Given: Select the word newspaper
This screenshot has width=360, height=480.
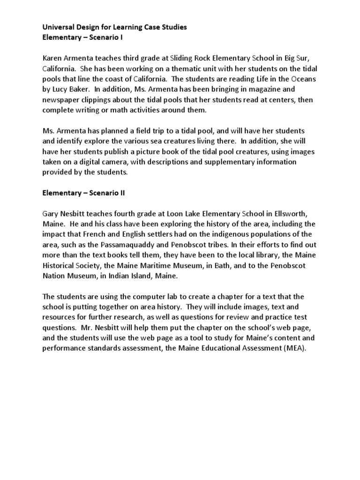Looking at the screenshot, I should [61, 99].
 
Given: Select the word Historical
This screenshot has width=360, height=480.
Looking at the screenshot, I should [61, 265].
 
